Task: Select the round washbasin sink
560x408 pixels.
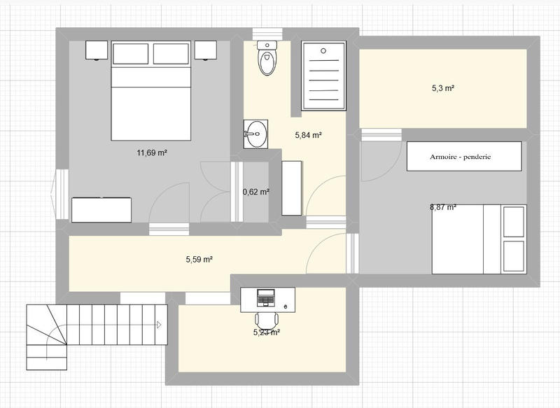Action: [256, 133]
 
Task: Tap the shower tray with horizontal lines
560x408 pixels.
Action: [324, 76]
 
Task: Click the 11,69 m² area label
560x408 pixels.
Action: [151, 152]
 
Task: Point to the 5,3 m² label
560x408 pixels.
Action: [443, 88]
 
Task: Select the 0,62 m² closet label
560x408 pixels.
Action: [255, 192]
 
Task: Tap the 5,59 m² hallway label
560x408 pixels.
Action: [199, 259]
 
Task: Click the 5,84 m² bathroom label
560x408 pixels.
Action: [307, 135]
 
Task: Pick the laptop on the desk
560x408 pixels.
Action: [265, 297]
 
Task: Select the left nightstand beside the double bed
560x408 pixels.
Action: [97, 50]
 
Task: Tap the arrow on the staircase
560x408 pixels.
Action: [160, 325]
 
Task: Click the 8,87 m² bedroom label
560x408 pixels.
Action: [443, 207]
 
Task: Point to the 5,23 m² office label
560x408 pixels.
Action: [267, 333]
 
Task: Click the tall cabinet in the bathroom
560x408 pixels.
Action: [292, 188]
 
